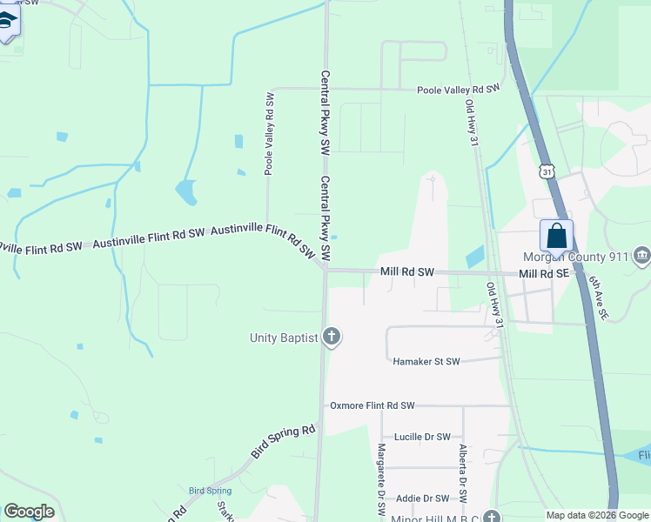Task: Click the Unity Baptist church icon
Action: [x=331, y=337]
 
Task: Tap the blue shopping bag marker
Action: [x=556, y=237]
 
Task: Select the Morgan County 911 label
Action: [x=575, y=257]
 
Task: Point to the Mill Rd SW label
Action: [x=406, y=272]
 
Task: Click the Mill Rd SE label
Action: [x=543, y=273]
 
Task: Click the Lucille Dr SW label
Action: [x=422, y=437]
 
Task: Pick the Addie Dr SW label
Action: [x=422, y=499]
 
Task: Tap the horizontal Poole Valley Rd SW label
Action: [x=458, y=90]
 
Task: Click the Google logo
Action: [x=29, y=512]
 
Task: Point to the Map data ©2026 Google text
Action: [x=597, y=515]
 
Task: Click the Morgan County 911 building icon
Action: [x=642, y=256]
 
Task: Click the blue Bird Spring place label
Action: [x=210, y=491]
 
